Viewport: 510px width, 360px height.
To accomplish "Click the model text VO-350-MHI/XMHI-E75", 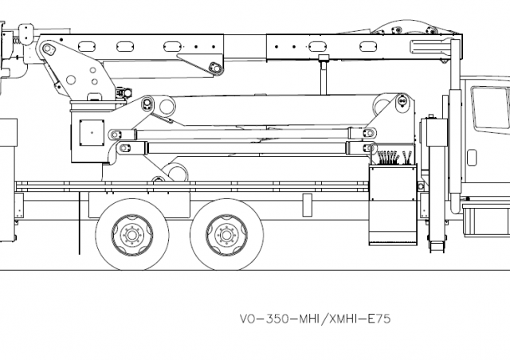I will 316,316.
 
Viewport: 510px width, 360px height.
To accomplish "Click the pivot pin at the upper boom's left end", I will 49,49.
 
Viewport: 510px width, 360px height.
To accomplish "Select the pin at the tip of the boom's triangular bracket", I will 212,69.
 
